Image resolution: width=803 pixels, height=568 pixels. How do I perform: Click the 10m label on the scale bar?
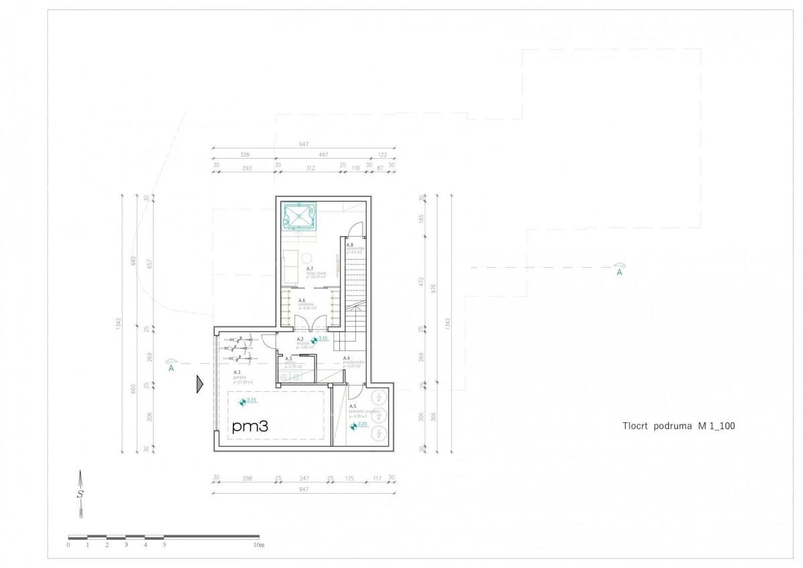point(259,545)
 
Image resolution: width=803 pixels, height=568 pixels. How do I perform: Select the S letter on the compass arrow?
point(80,494)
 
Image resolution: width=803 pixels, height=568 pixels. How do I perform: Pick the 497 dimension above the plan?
point(323,154)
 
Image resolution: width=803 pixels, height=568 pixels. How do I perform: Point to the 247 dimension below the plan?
point(304,478)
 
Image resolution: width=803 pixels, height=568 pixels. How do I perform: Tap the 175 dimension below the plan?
point(348,478)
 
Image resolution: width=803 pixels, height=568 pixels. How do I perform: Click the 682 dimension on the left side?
point(134,260)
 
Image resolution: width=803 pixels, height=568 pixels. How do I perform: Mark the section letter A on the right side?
point(620,272)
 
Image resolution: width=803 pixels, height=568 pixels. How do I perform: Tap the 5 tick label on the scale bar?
point(164,545)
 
